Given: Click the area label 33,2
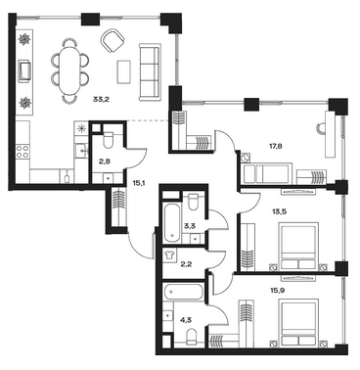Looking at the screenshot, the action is click(101, 100).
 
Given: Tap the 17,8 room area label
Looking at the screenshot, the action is click(275, 146).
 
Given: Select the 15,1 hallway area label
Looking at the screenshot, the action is click(139, 184).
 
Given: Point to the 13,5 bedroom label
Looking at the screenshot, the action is click(279, 211).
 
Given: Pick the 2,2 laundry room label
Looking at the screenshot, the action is click(186, 264).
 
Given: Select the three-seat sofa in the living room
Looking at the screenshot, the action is click(150, 71).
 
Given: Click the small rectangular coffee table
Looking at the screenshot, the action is click(124, 71).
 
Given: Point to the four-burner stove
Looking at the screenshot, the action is click(22, 152).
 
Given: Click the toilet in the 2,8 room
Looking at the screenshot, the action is click(108, 139).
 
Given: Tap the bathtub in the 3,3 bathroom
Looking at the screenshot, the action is click(172, 223).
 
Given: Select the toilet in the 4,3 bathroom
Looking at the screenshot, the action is click(192, 336).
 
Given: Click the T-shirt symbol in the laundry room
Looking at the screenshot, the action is click(169, 254).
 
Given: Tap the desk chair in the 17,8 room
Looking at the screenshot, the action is click(320, 128).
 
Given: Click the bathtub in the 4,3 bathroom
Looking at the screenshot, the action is click(184, 292).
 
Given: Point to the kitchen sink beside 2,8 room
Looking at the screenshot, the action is click(81, 151).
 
